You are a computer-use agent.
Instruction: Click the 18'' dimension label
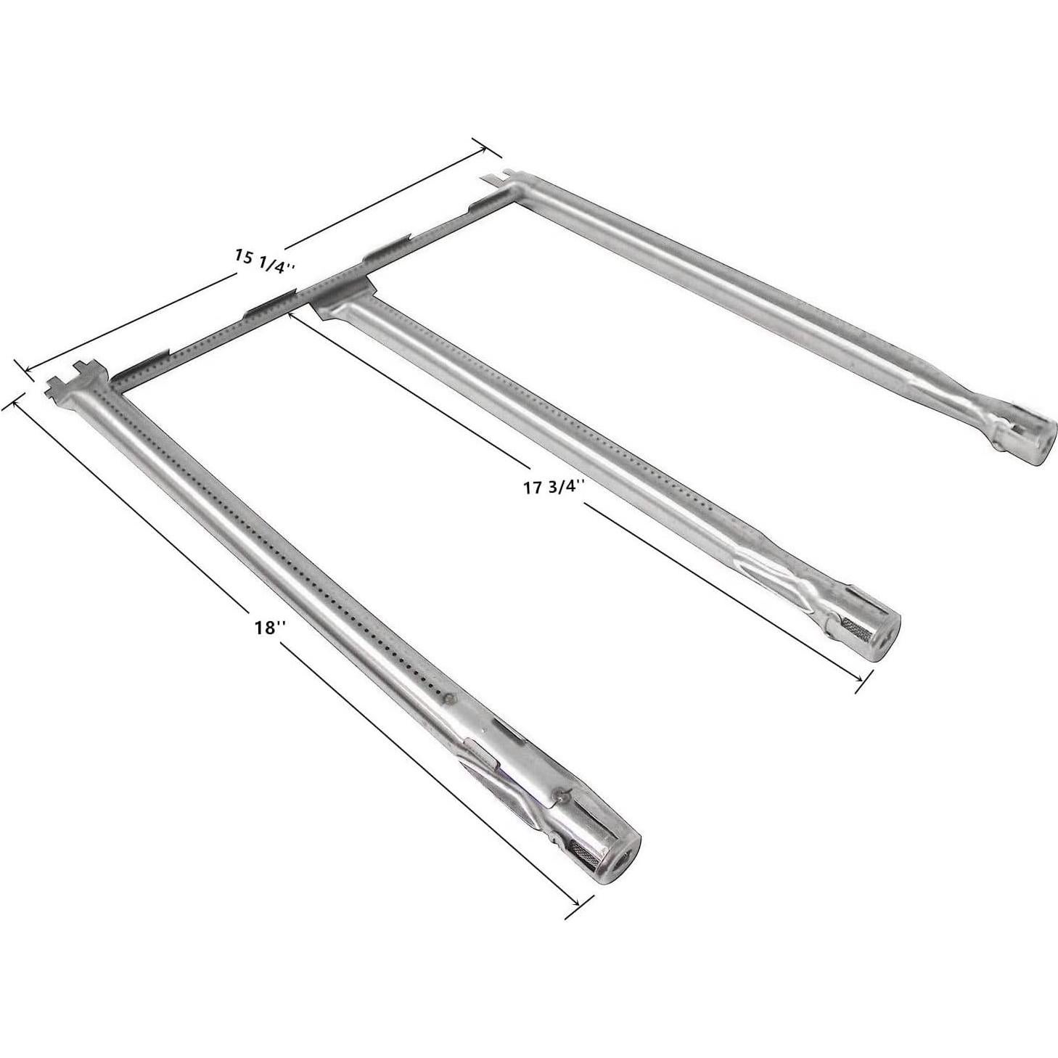(x=268, y=627)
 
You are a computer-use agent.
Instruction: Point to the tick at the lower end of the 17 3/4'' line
(x=863, y=681)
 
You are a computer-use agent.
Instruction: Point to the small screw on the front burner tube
(x=451, y=700)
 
